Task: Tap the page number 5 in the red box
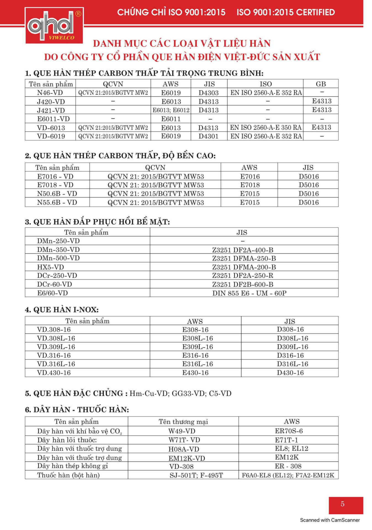(342, 504)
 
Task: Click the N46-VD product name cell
(50, 93)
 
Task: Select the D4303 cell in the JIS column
(209, 93)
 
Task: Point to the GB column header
(321, 84)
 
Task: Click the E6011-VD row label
(54, 119)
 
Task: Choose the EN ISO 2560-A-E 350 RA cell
(265, 128)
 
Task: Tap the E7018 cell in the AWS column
(250, 185)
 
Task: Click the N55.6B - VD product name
(57, 202)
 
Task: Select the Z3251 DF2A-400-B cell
(243, 250)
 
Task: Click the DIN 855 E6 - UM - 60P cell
(249, 293)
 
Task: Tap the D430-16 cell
(290, 373)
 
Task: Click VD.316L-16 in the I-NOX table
(56, 364)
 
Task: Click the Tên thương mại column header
(183, 422)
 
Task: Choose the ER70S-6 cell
(289, 431)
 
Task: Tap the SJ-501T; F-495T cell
(196, 475)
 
